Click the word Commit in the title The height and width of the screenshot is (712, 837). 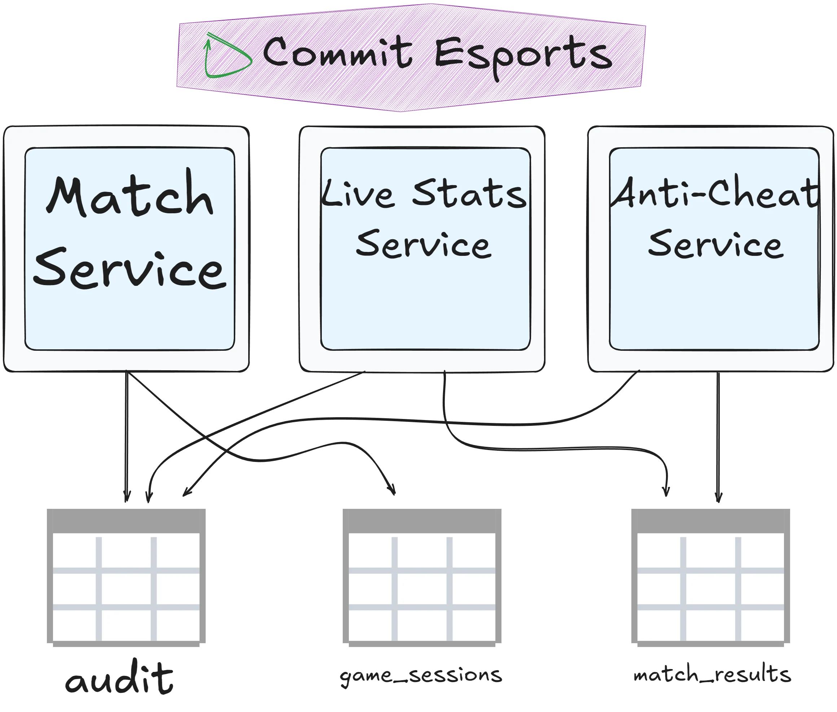point(337,52)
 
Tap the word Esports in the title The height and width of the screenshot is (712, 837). point(523,54)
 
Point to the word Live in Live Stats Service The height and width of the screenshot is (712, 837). point(357,194)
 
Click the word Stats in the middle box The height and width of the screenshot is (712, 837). point(469,194)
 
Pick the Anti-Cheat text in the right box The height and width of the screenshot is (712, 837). point(714,193)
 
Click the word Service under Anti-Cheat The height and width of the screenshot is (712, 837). point(715,244)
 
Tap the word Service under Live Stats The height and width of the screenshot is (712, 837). point(424,244)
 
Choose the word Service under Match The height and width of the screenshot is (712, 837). point(129,268)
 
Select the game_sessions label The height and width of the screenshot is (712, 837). point(421,675)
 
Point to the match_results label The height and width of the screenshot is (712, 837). point(712,675)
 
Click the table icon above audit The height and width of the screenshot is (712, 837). point(126,577)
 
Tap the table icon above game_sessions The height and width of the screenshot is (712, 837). point(422,577)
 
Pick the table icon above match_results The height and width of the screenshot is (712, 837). point(710,577)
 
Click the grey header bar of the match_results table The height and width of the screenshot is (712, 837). point(710,521)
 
